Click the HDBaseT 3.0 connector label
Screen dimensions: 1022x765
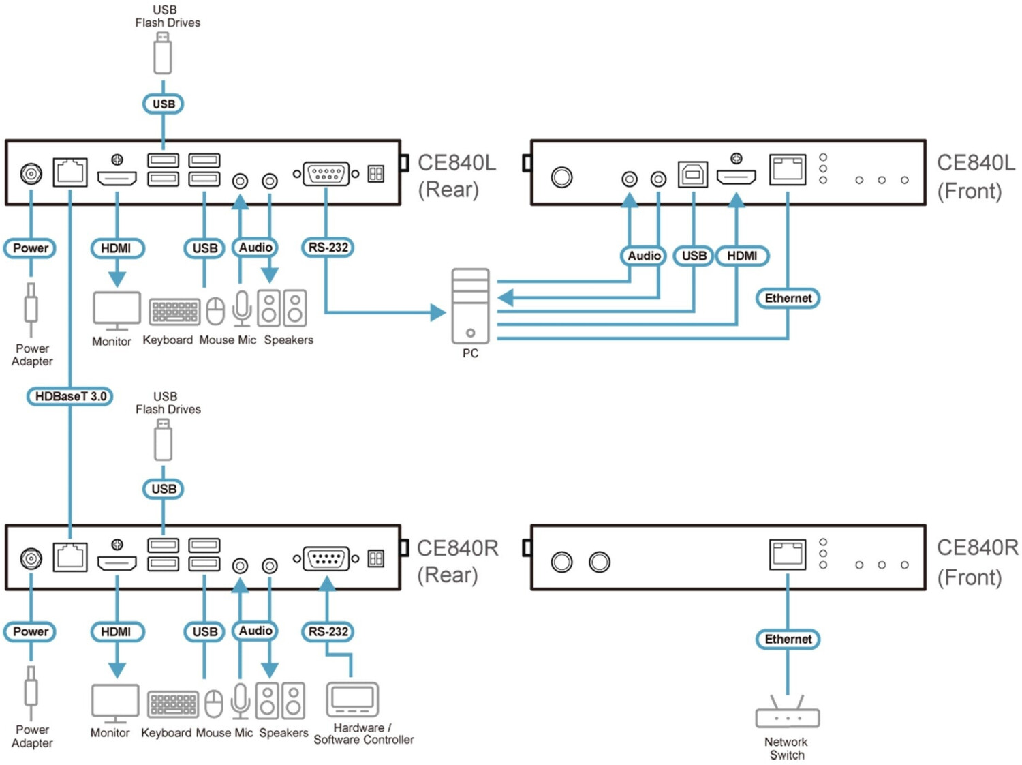pos(70,396)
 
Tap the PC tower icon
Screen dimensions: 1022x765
pos(470,305)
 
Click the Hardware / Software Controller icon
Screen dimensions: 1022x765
pos(352,700)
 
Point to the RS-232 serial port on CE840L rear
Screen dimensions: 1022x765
pos(326,175)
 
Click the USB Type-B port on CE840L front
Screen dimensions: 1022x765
pos(693,175)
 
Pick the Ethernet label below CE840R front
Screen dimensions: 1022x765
pos(788,640)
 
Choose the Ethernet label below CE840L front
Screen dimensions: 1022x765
pos(788,298)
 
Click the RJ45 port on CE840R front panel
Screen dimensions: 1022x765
pos(788,554)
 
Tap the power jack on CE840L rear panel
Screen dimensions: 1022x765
pos(31,175)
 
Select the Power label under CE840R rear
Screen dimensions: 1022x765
pos(30,632)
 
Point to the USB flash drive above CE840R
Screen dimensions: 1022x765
pos(163,440)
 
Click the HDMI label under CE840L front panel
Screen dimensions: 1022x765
pos(742,256)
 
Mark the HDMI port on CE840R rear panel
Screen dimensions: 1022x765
pos(117,564)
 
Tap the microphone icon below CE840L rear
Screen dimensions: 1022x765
pos(242,308)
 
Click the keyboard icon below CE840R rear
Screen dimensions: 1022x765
pos(173,704)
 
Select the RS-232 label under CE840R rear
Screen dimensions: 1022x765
pos(328,632)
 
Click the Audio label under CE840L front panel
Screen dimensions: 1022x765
pos(644,256)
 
